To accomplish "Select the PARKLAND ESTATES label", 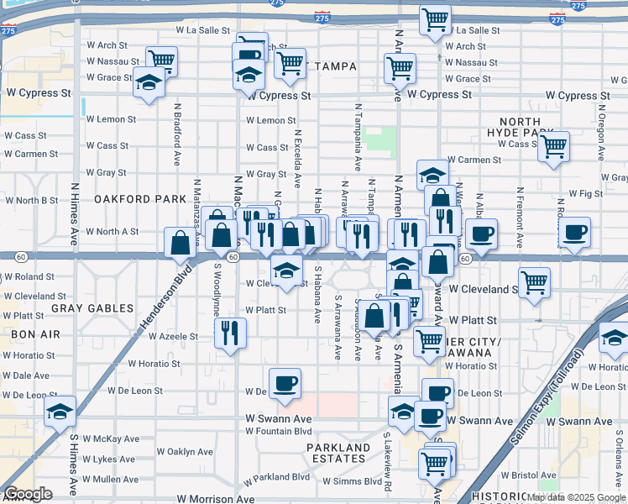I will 338,454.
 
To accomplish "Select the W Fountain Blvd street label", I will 278,432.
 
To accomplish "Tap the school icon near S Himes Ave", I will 60,411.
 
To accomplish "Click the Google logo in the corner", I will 28,494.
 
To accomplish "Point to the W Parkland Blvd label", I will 277,477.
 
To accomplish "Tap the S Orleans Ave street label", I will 616,454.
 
